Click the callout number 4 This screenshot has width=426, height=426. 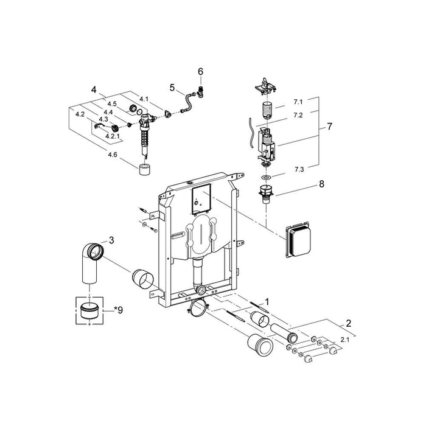click(x=93, y=90)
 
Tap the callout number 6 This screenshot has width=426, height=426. click(x=200, y=71)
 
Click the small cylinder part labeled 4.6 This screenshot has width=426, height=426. click(x=145, y=169)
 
